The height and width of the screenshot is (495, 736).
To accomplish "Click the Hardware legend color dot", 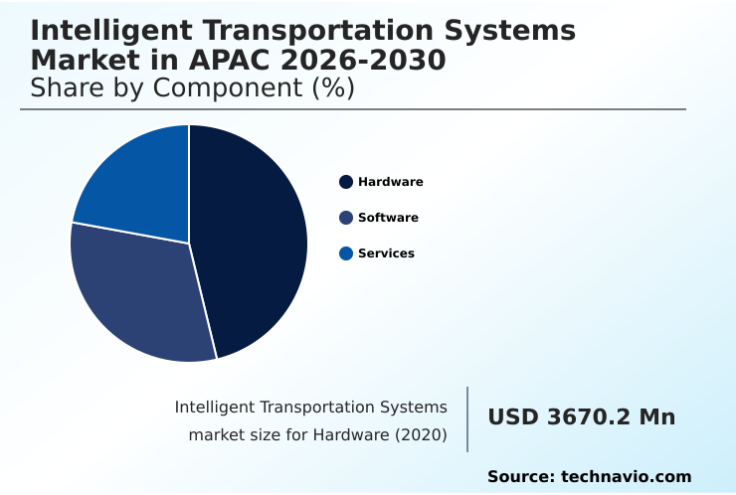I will click(x=346, y=182).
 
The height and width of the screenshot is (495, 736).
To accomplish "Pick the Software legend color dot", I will click(x=346, y=218).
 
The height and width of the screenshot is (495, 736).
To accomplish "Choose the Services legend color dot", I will click(x=346, y=253).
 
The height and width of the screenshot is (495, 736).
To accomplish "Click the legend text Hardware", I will click(x=390, y=182).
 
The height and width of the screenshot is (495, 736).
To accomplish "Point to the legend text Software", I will click(x=388, y=218).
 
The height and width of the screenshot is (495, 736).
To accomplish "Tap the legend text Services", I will click(x=386, y=253).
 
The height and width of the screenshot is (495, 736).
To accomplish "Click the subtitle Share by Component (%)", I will click(x=192, y=87).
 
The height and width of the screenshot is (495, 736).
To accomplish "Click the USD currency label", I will click(x=514, y=417).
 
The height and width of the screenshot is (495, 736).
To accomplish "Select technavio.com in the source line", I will click(x=626, y=477).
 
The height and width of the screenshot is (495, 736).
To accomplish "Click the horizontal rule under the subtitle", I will click(x=353, y=109).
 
